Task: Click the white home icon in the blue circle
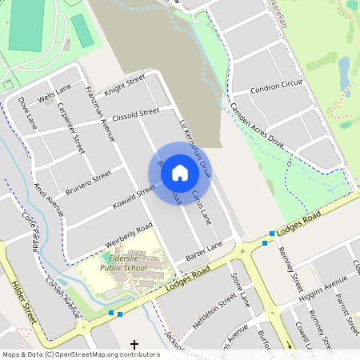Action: pos(180,172)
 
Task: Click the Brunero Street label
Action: pos(88,182)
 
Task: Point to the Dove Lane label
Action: pos(28,113)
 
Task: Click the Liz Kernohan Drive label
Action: pos(194,149)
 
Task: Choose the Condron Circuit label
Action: pos(277,86)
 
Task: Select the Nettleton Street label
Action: pos(214,310)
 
